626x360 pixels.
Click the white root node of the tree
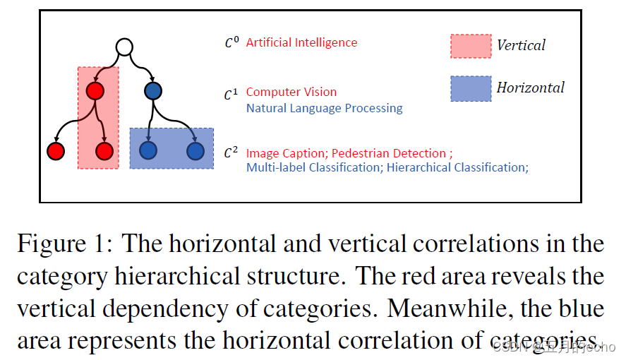(x=124, y=48)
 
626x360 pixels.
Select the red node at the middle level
(x=95, y=90)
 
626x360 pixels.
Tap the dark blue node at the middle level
(x=153, y=90)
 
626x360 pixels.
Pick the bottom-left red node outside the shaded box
(x=56, y=150)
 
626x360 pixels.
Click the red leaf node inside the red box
(x=104, y=150)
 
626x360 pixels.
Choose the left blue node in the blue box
(x=148, y=150)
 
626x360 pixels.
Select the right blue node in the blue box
(x=195, y=150)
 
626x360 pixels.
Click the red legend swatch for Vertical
(x=471, y=46)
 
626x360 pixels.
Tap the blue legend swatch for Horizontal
(x=471, y=88)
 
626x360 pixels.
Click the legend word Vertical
(x=521, y=46)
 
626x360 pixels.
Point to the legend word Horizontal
(x=530, y=88)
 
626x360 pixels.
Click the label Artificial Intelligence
(x=301, y=42)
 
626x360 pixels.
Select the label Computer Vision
(x=291, y=92)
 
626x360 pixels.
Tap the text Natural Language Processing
(x=324, y=108)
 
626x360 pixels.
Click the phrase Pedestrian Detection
(x=389, y=153)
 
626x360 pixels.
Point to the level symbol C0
(x=231, y=43)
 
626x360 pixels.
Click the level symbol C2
(x=231, y=153)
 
